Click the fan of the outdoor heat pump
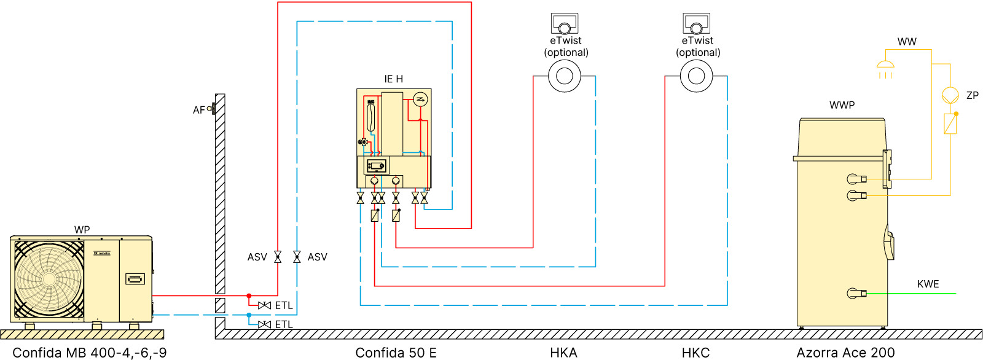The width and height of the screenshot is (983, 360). pyautogui.click(x=49, y=279)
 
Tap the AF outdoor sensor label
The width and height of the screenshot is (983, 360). pyautogui.click(x=198, y=110)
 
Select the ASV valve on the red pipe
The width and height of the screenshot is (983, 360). pyautogui.click(x=278, y=257)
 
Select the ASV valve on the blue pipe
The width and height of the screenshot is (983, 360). pyautogui.click(x=297, y=257)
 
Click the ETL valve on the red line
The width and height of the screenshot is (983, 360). pyautogui.click(x=265, y=305)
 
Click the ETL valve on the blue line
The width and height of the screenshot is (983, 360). pyautogui.click(x=265, y=324)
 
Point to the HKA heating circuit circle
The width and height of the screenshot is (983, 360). pyautogui.click(x=564, y=76)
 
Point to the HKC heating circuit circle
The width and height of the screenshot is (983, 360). pyautogui.click(x=696, y=76)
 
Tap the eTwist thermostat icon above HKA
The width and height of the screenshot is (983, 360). pyautogui.click(x=564, y=24)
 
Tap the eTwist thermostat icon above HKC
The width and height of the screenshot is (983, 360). pyautogui.click(x=696, y=24)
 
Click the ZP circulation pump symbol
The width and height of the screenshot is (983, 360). pyautogui.click(x=950, y=95)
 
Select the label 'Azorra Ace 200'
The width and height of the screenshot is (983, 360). pyautogui.click(x=845, y=353)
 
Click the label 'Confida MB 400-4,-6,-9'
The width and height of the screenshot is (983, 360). pyautogui.click(x=90, y=353)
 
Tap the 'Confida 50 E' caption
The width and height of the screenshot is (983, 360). pyautogui.click(x=396, y=353)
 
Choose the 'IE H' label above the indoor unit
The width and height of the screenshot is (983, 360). pyautogui.click(x=394, y=79)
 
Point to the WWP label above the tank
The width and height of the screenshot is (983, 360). pyautogui.click(x=842, y=105)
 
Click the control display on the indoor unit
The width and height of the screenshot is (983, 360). pyautogui.click(x=377, y=166)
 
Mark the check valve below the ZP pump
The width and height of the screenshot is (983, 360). pyautogui.click(x=950, y=123)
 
